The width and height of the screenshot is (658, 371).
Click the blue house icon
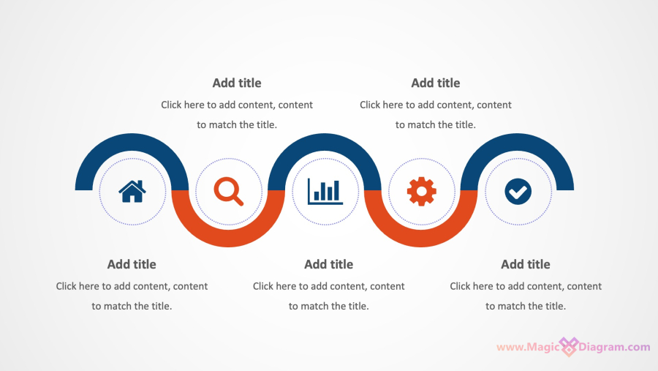pos(132,192)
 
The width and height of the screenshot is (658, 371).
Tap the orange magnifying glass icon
pos(229,192)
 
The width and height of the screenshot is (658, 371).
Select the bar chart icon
pos(325,192)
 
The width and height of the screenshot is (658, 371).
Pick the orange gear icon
pos(422,192)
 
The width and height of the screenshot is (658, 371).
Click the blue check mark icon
pos(518,192)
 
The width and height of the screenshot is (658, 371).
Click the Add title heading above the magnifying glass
pos(237,83)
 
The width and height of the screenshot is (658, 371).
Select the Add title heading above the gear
pos(436,83)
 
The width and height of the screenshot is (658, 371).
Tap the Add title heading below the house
pos(132,264)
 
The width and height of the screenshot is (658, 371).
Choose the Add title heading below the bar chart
pos(328,264)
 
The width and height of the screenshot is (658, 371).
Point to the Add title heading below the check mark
pos(526,264)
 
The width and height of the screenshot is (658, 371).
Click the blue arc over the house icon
pos(132,142)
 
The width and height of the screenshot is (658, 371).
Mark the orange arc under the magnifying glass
pos(229,239)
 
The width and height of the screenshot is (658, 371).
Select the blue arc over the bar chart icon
pos(325,142)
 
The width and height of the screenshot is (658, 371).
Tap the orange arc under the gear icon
pos(421,239)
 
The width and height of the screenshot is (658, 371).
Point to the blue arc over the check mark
pos(517,142)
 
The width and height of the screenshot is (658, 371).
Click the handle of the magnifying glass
pos(238,201)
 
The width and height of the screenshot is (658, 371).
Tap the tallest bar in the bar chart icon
pos(336,190)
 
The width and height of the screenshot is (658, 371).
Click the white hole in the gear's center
pos(422,192)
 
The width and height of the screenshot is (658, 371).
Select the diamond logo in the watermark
pos(569,347)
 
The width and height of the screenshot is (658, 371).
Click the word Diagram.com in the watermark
pos(614,347)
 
